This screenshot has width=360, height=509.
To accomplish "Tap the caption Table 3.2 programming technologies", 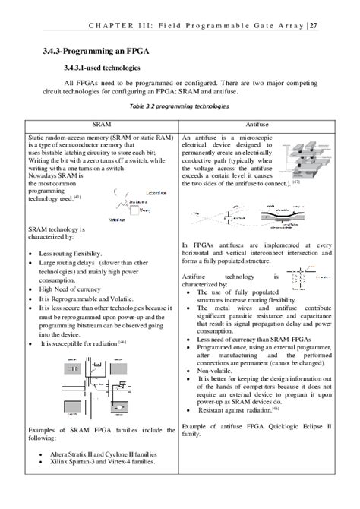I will click(180, 106).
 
